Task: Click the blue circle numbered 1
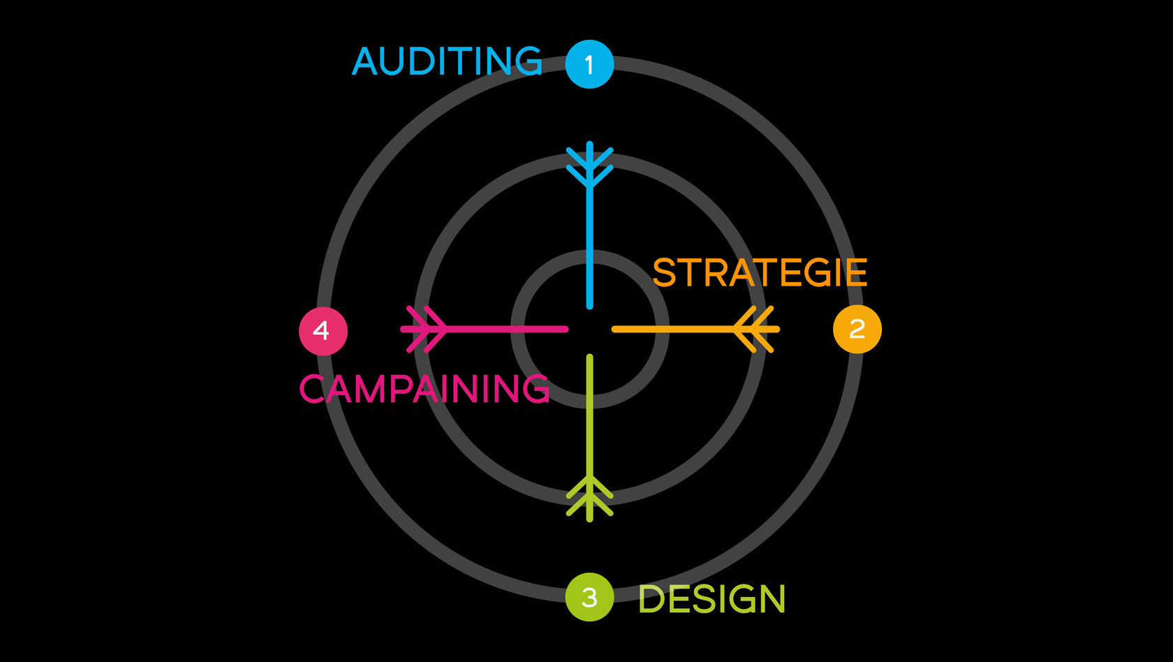tap(589, 64)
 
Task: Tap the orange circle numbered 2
tap(857, 329)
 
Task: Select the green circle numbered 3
tap(589, 597)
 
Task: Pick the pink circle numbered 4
tap(323, 331)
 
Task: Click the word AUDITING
tap(447, 61)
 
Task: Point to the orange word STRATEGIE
tap(760, 273)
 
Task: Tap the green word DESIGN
tap(712, 599)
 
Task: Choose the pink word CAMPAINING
tap(425, 389)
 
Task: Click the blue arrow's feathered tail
tap(590, 165)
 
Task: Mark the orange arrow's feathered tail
tap(755, 329)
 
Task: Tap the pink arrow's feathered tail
tap(425, 329)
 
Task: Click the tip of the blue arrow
tap(590, 305)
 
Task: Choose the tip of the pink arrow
tap(565, 329)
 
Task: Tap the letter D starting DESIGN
tap(652, 599)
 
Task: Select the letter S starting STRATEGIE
tap(665, 273)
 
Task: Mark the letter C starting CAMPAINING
tap(312, 389)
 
